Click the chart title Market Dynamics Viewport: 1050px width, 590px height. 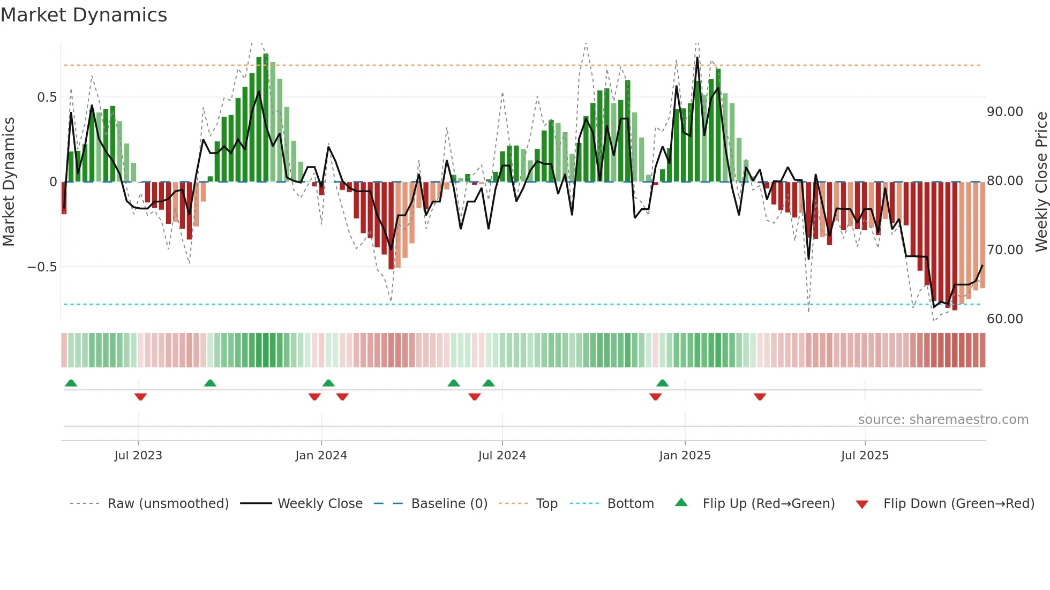click(84, 15)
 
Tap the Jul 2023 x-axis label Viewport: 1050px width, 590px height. click(138, 456)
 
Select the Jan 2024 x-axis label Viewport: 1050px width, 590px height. click(321, 456)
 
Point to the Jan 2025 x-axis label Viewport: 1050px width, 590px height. click(685, 456)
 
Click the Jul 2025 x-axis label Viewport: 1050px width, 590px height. click(865, 456)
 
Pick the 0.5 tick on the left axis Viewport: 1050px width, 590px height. click(47, 97)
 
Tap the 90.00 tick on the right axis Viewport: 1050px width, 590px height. click(1005, 112)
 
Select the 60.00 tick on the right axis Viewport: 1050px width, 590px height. click(1005, 319)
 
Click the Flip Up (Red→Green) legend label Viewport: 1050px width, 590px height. click(768, 504)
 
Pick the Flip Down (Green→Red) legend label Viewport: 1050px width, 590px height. click(958, 504)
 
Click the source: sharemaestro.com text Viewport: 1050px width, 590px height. click(943, 420)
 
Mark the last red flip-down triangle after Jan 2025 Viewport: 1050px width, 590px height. click(760, 397)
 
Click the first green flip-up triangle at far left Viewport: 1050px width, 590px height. click(71, 383)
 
